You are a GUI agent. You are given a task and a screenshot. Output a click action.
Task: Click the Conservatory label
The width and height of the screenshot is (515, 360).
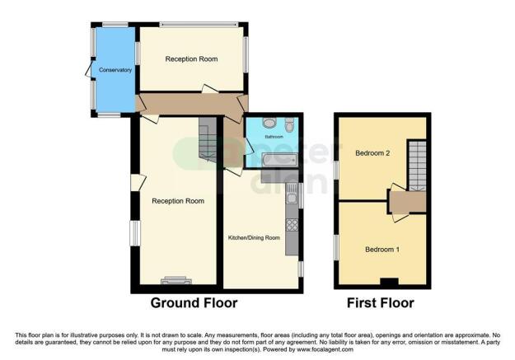pyautogui.click(x=115, y=70)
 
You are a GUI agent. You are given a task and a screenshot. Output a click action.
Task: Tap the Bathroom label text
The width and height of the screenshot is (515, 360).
pyautogui.click(x=274, y=136)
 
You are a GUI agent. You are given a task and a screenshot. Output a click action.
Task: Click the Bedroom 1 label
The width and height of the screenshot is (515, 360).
pyautogui.click(x=382, y=250)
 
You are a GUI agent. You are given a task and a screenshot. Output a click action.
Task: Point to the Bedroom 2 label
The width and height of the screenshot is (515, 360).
pyautogui.click(x=372, y=153)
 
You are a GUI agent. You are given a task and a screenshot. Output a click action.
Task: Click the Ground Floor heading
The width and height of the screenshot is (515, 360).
pyautogui.click(x=194, y=303)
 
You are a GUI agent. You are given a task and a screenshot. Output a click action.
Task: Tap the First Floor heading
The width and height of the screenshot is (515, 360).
pyautogui.click(x=380, y=303)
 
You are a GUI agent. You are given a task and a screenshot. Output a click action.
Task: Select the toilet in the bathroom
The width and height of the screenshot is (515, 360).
pyautogui.click(x=289, y=124)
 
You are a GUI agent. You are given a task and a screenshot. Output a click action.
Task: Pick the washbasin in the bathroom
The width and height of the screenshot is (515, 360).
pyautogui.click(x=269, y=123)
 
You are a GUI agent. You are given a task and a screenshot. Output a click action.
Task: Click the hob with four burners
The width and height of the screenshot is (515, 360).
pyautogui.click(x=292, y=223)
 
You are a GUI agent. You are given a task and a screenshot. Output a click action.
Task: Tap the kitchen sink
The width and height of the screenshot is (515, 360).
pyautogui.click(x=292, y=197)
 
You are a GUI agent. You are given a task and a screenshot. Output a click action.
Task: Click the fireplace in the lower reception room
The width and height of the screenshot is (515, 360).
pyautogui.click(x=176, y=280)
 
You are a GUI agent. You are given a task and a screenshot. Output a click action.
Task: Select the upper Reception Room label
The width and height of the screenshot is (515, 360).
pyautogui.click(x=191, y=59)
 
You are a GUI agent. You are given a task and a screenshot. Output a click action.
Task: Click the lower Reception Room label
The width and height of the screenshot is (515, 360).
pyautogui.click(x=177, y=201)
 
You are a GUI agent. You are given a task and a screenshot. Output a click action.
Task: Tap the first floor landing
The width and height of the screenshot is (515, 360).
pyautogui.click(x=408, y=202)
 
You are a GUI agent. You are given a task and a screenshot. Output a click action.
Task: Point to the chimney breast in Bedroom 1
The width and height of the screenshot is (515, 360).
pyautogui.click(x=388, y=283)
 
